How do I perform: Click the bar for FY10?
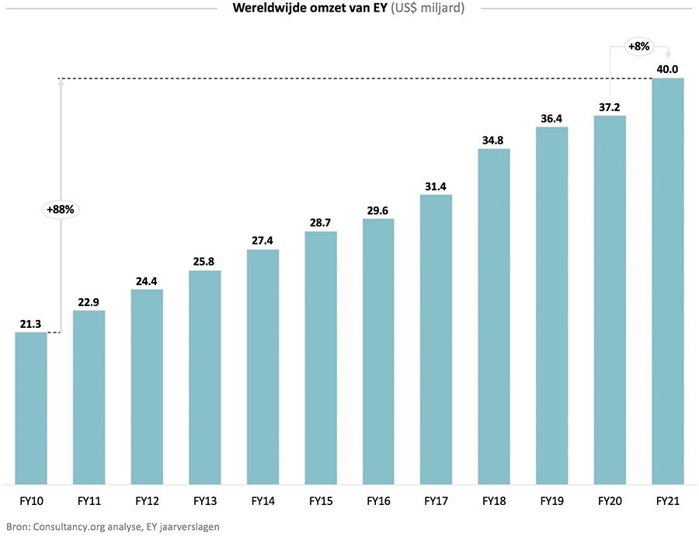click(31, 408)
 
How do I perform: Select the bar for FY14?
click(263, 365)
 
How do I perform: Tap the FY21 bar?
click(668, 280)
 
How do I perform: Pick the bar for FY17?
click(436, 338)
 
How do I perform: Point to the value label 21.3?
click(31, 323)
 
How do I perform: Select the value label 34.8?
click(494, 140)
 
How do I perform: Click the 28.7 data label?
click(320, 223)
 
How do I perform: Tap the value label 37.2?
click(610, 107)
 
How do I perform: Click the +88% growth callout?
click(61, 209)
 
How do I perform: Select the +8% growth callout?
click(638, 47)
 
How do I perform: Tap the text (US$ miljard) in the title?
click(429, 9)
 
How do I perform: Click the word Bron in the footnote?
click(16, 526)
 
